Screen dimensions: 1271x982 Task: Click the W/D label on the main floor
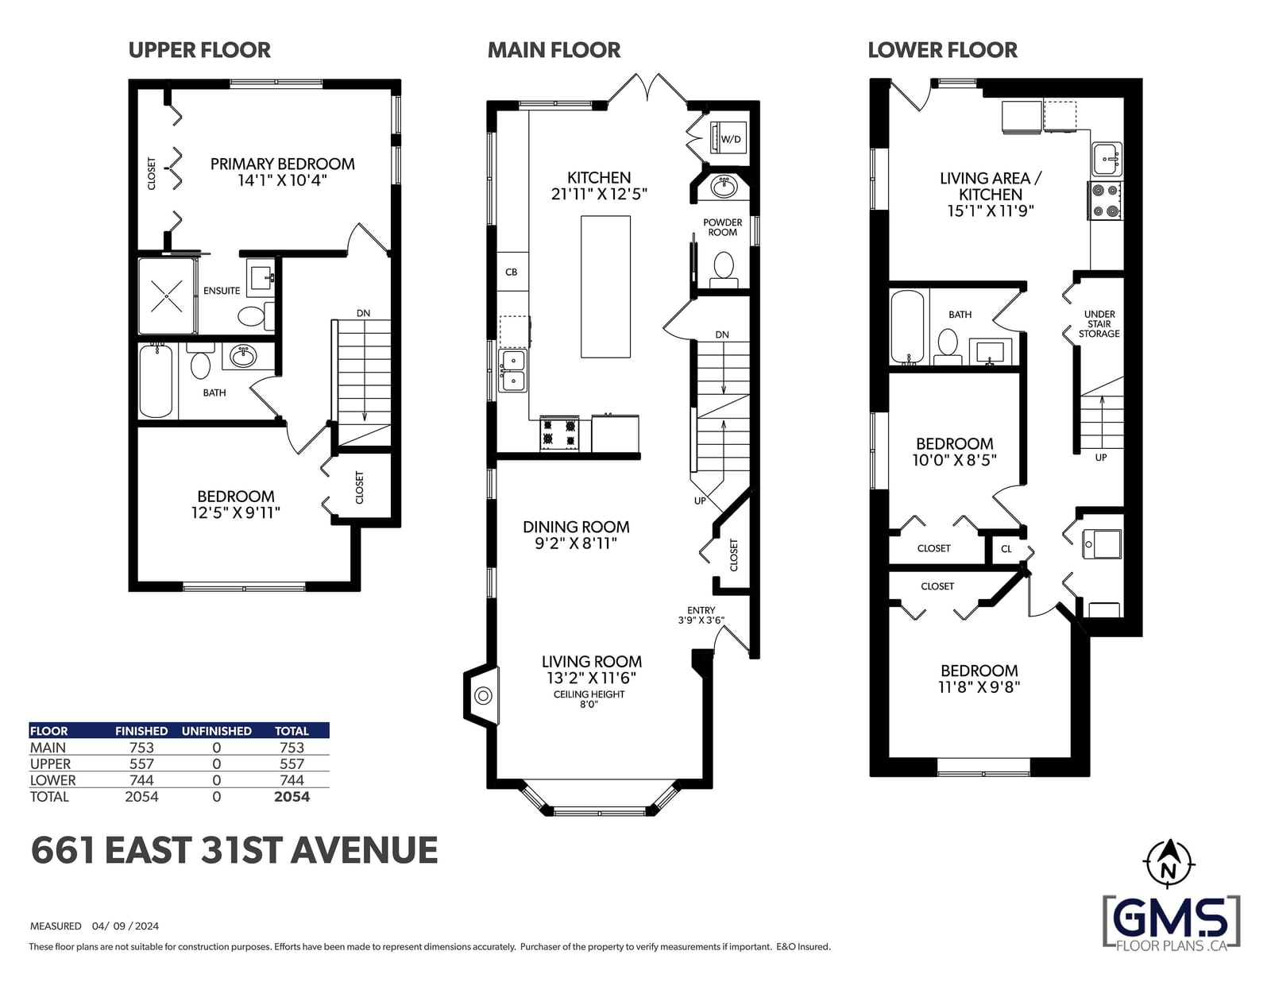(731, 139)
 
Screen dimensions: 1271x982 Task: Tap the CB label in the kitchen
(512, 272)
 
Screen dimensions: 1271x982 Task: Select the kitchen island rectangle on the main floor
(605, 287)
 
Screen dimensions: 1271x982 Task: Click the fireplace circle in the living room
(483, 696)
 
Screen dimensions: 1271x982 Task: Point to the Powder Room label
(722, 227)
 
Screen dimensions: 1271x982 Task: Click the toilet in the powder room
(724, 269)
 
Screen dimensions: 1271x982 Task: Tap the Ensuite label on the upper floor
(222, 291)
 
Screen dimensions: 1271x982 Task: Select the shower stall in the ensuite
(167, 296)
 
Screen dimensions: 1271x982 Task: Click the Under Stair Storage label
(1099, 324)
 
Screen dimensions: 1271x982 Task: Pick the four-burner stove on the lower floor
(1104, 201)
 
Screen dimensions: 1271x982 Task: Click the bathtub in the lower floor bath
(907, 327)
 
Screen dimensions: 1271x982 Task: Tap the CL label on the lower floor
(1006, 549)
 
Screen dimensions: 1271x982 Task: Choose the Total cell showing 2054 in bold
(292, 797)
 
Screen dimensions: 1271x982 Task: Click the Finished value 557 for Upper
(141, 764)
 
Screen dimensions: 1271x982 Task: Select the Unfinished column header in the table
(216, 731)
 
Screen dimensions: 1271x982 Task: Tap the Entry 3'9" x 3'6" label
(701, 615)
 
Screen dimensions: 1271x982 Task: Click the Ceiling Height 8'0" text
(589, 699)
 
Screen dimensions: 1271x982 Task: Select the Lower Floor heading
(942, 50)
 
